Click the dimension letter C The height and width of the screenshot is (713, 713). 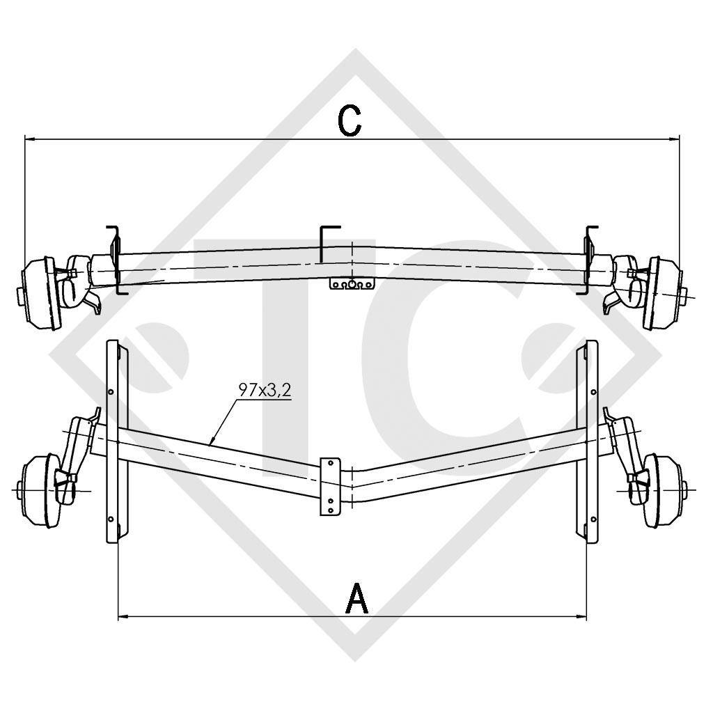(350, 120)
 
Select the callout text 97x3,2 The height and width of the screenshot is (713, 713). (264, 391)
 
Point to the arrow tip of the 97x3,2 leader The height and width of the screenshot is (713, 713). (212, 443)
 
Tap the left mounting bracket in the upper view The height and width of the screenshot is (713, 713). (115, 258)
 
